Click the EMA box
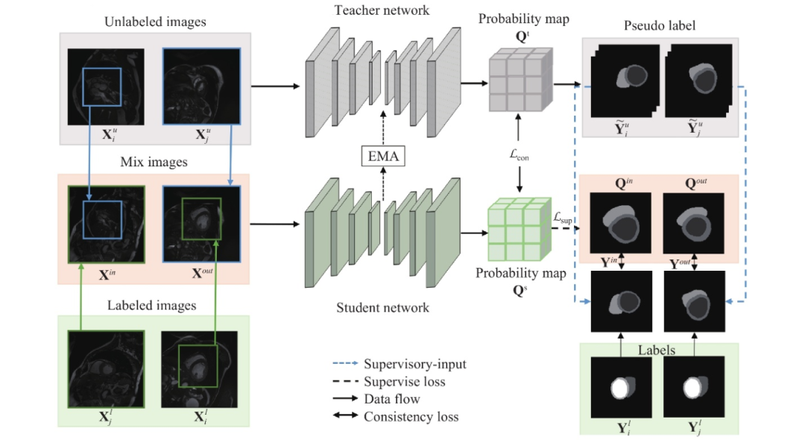pyautogui.click(x=382, y=157)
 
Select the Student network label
pyautogui.click(x=382, y=307)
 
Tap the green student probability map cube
pyautogui.click(x=514, y=230)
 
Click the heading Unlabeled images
pyautogui.click(x=156, y=22)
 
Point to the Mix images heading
pyautogui.click(x=155, y=162)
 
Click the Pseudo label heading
pyautogui.click(x=659, y=26)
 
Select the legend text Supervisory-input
pyautogui.click(x=414, y=364)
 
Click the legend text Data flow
pyautogui.click(x=391, y=399)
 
